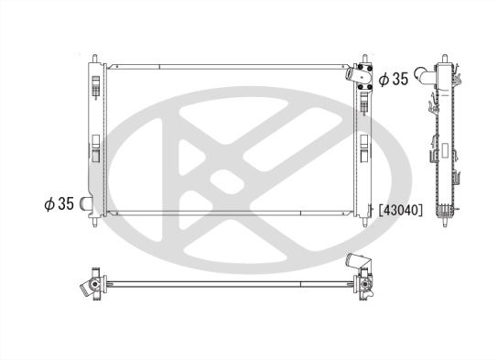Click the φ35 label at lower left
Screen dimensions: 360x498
(58, 203)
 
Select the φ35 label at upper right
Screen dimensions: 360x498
(393, 79)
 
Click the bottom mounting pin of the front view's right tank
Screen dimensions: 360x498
(366, 222)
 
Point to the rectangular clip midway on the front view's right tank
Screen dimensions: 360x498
(364, 146)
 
